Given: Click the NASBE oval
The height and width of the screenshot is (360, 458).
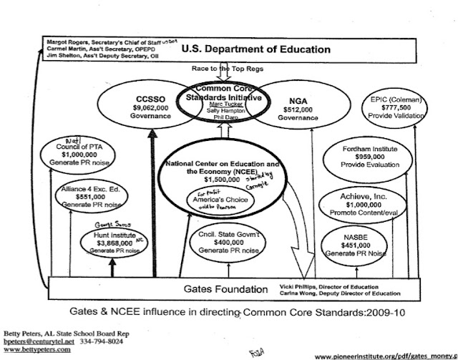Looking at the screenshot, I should point(362,243).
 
